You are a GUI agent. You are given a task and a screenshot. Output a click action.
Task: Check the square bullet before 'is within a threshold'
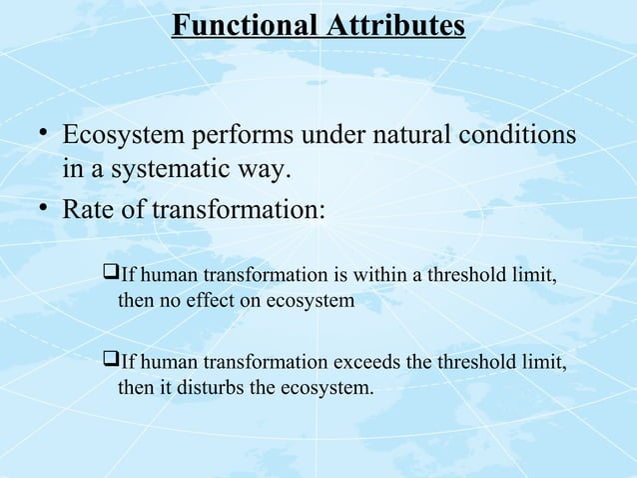[110, 274]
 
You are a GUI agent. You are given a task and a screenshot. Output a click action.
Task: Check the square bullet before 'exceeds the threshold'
[110, 361]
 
